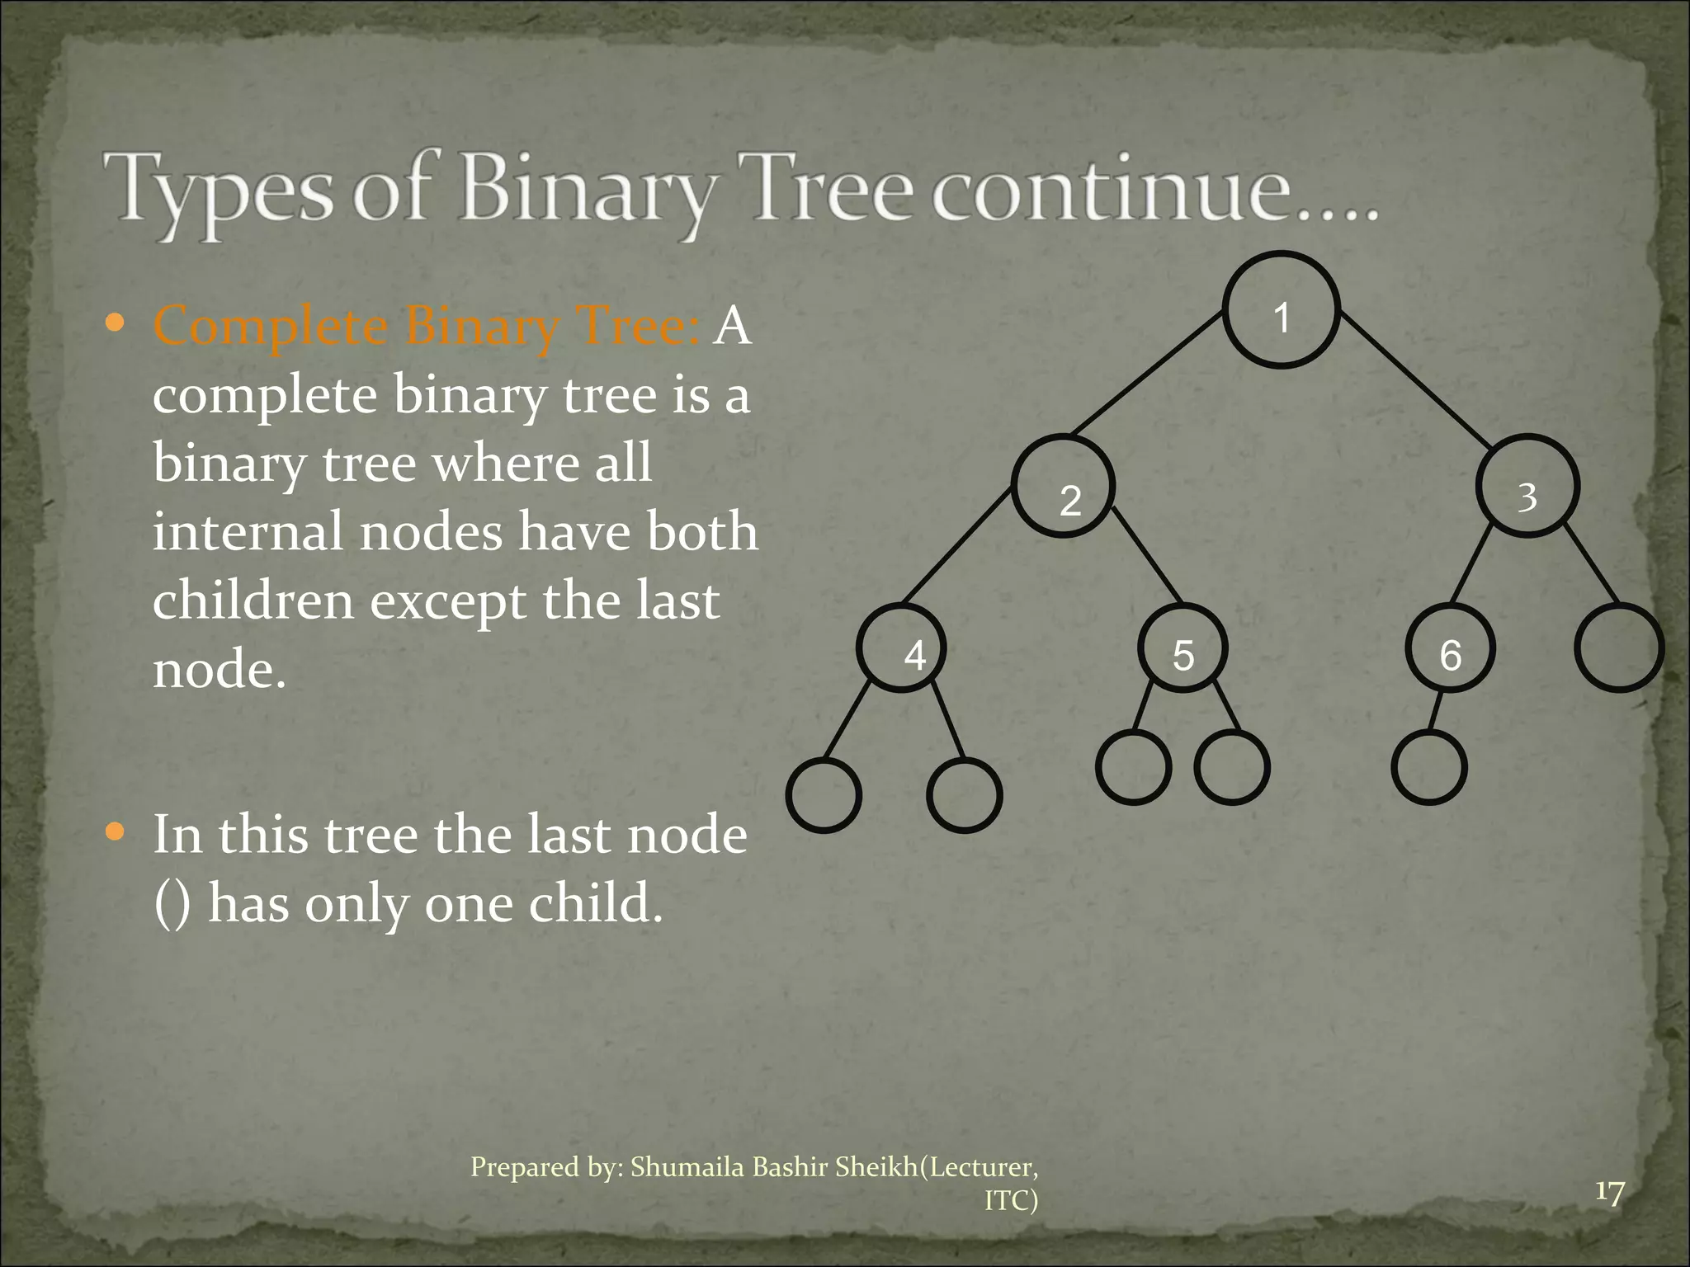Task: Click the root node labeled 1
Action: [x=1281, y=310]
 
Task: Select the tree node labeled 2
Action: [x=1065, y=487]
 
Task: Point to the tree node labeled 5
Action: [x=1183, y=648]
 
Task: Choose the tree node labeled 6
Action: [x=1449, y=648]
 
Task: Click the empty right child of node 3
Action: [x=1619, y=648]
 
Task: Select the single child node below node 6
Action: [x=1429, y=767]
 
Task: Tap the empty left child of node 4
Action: [x=824, y=794]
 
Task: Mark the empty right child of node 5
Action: [x=1232, y=767]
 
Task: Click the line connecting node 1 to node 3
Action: [x=1415, y=381]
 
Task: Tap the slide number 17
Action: [x=1609, y=1193]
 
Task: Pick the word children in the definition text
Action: [x=253, y=601]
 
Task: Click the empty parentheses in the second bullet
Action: [x=172, y=904]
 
